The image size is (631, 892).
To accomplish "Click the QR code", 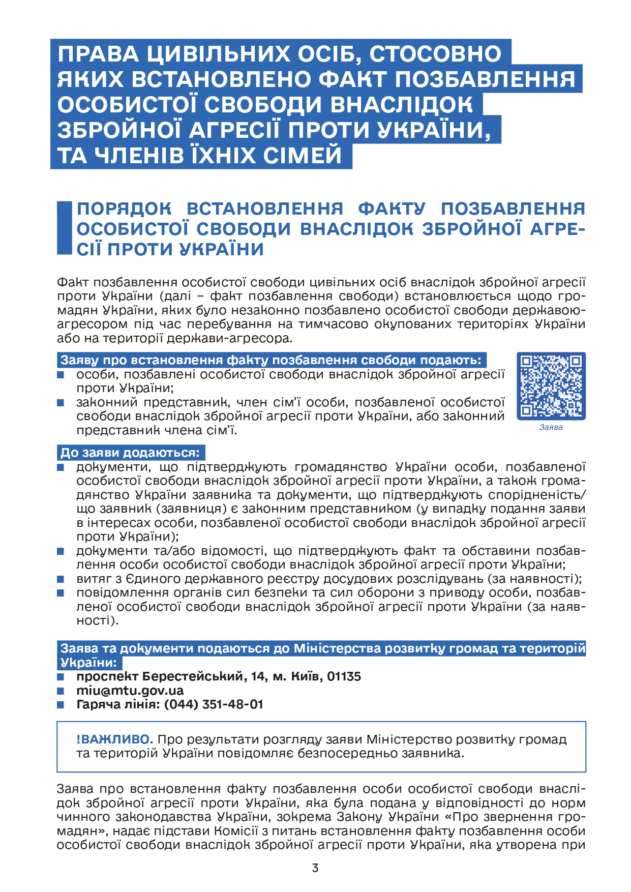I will point(551,386).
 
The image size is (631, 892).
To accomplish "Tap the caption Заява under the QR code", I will point(551,427).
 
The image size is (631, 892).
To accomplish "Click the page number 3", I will point(315,868).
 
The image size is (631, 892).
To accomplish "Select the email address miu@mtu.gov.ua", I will point(130,691).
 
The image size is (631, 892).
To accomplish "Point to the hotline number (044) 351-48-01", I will point(214,704).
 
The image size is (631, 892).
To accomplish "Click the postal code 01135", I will point(344,676).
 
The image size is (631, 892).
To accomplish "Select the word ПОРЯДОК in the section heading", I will point(124,209).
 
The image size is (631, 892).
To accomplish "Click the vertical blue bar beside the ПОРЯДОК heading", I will point(64,228).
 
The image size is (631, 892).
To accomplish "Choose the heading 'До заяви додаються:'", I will point(131,453).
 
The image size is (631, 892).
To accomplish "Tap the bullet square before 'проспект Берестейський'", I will point(61,677).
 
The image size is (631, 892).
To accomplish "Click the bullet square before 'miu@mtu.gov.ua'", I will point(61,691).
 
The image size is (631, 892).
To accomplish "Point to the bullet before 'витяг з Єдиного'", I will point(61,579).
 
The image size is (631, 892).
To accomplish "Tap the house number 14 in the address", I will point(258,676).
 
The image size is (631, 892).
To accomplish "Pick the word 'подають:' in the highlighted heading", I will point(456,360).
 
